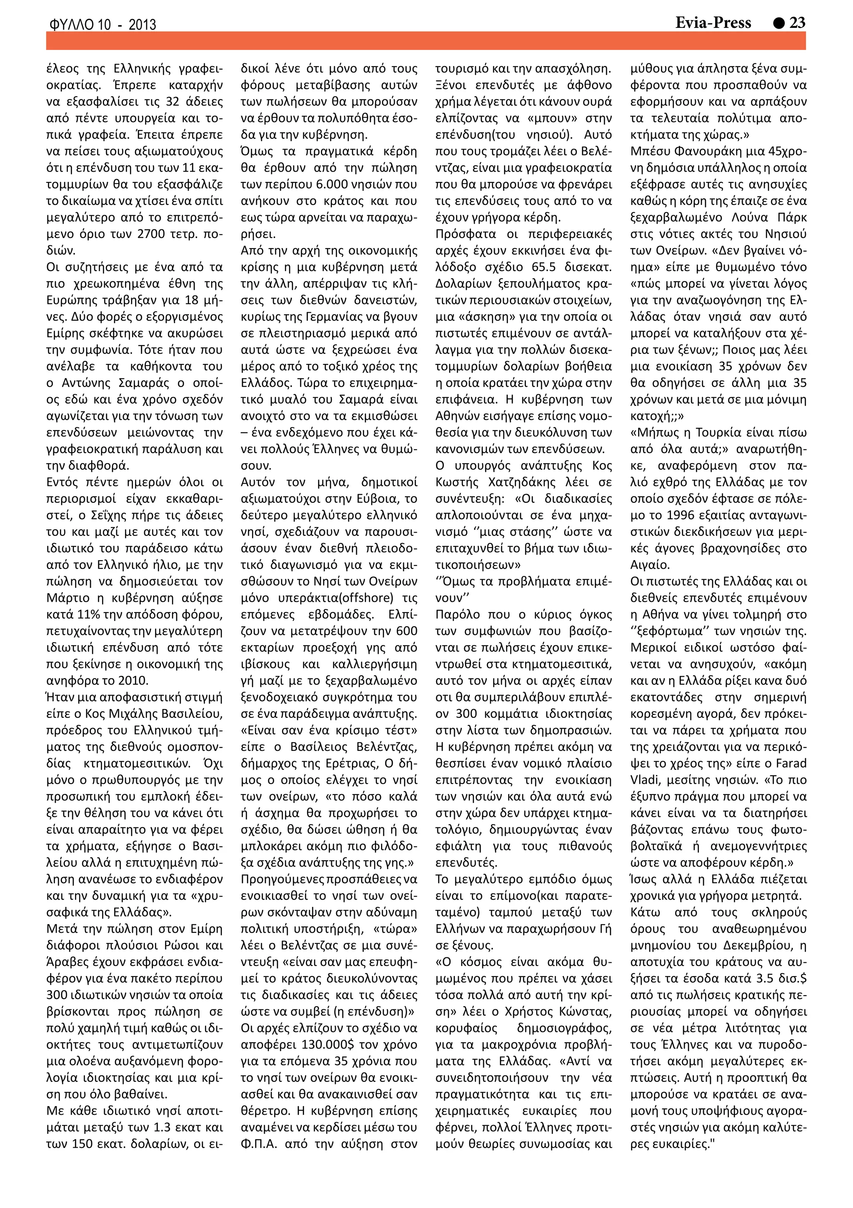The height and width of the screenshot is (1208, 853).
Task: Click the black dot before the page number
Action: (x=779, y=23)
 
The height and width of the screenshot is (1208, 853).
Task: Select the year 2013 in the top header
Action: (x=142, y=25)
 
